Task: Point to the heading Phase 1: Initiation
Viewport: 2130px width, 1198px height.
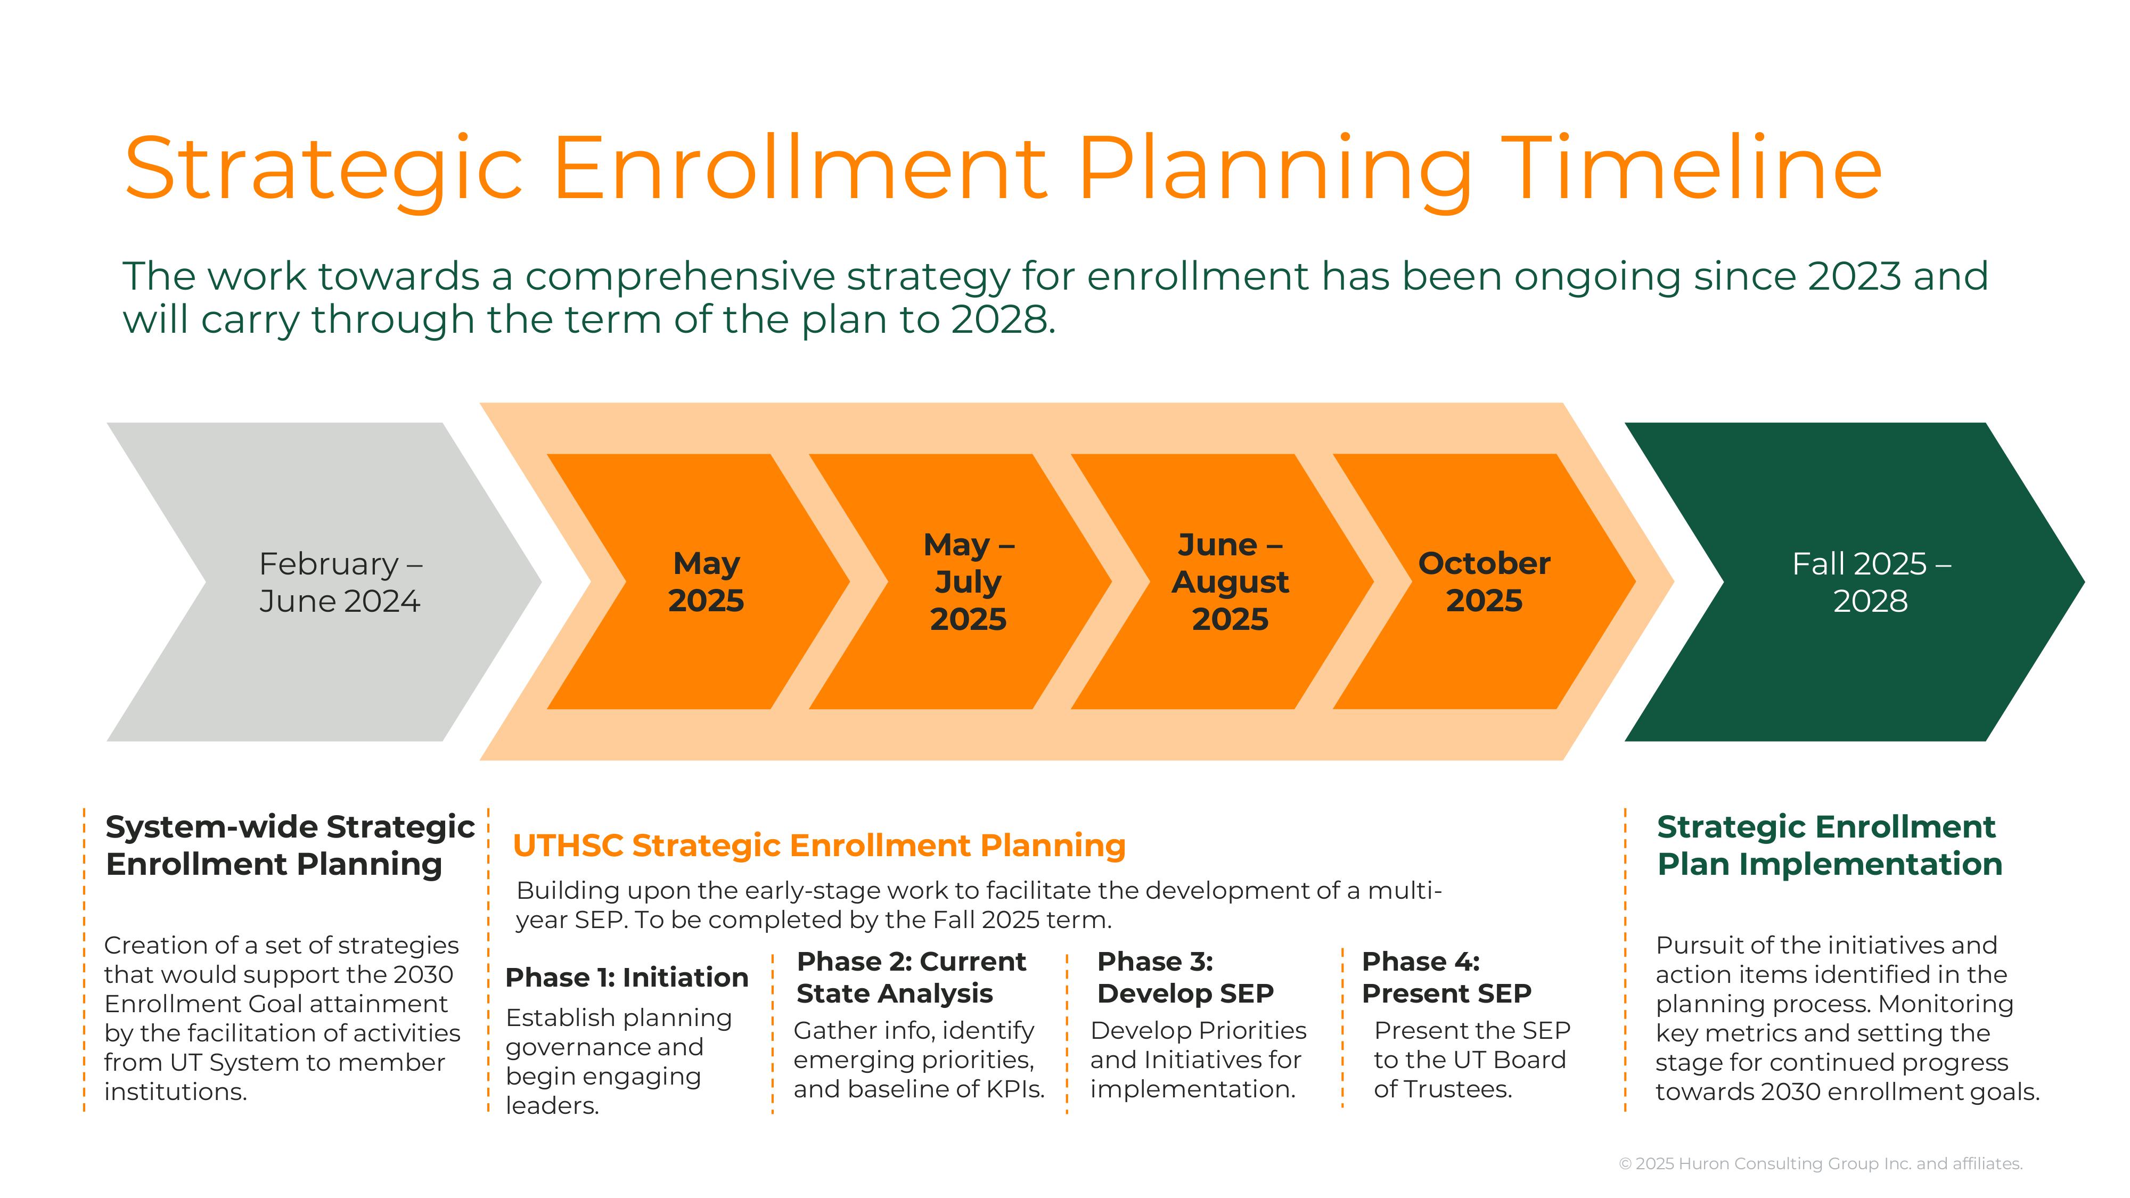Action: [x=627, y=977]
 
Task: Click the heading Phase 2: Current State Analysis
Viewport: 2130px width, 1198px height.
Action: [x=911, y=977]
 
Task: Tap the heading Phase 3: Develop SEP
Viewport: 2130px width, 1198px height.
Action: [x=1185, y=977]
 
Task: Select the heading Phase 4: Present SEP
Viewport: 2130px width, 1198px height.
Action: [x=1446, y=977]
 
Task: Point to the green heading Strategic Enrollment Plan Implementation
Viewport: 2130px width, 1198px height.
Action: [x=1830, y=845]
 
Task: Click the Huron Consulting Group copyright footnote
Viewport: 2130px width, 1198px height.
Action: [x=1821, y=1163]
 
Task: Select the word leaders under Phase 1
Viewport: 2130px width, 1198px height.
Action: [x=552, y=1105]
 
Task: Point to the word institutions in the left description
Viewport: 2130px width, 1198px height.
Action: [x=175, y=1092]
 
